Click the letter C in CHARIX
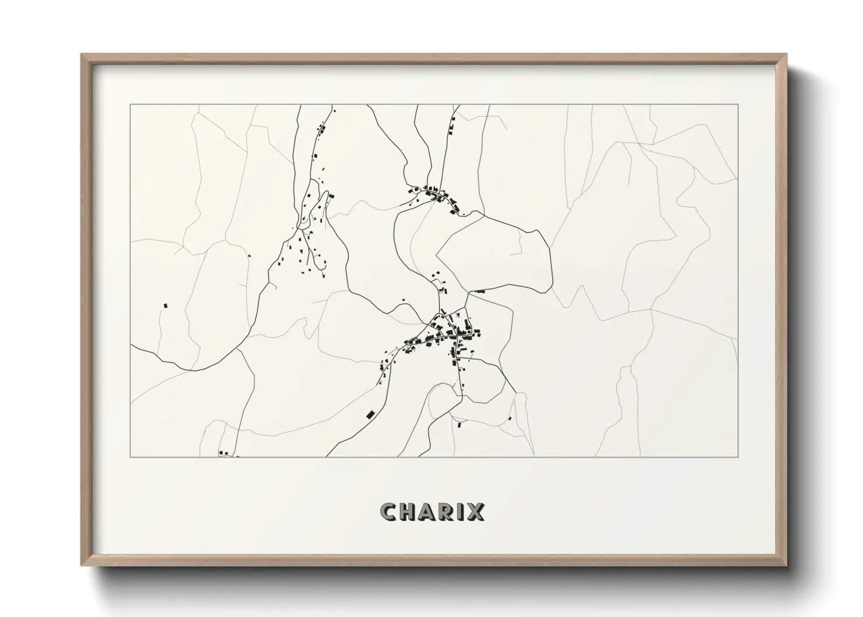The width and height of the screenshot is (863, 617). click(388, 512)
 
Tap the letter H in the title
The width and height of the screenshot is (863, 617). click(409, 512)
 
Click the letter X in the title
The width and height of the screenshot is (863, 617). click(476, 512)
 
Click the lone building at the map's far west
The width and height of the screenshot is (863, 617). click(166, 305)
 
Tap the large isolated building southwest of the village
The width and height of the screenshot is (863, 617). click(369, 414)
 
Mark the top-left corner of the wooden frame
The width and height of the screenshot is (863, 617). click(82, 54)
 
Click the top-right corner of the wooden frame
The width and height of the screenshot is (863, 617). click(787, 54)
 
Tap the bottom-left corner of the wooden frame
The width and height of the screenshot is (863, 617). click(82, 566)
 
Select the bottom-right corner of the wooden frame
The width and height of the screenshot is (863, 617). click(787, 566)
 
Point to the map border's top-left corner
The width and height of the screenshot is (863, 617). click(131, 105)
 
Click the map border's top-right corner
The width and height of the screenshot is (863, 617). click(738, 105)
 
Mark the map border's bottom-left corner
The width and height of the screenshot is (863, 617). click(131, 457)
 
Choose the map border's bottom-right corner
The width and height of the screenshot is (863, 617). click(738, 457)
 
